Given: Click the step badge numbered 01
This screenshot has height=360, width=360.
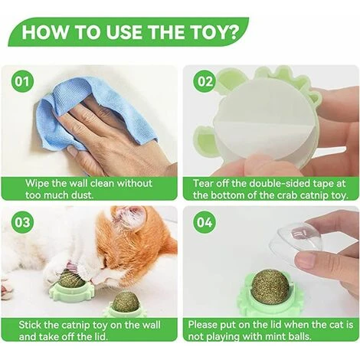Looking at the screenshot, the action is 22,82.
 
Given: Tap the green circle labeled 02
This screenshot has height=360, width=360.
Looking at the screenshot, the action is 205,82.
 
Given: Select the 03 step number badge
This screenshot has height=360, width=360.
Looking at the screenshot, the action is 22,222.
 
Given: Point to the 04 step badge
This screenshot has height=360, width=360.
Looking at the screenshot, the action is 205,222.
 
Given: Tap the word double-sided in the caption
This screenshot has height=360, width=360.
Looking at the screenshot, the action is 276,184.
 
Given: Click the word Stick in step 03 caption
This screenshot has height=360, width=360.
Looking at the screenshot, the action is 30,325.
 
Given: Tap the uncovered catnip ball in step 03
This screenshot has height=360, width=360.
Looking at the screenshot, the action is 126,303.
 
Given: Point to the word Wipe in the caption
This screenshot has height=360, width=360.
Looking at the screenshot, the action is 38,184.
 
